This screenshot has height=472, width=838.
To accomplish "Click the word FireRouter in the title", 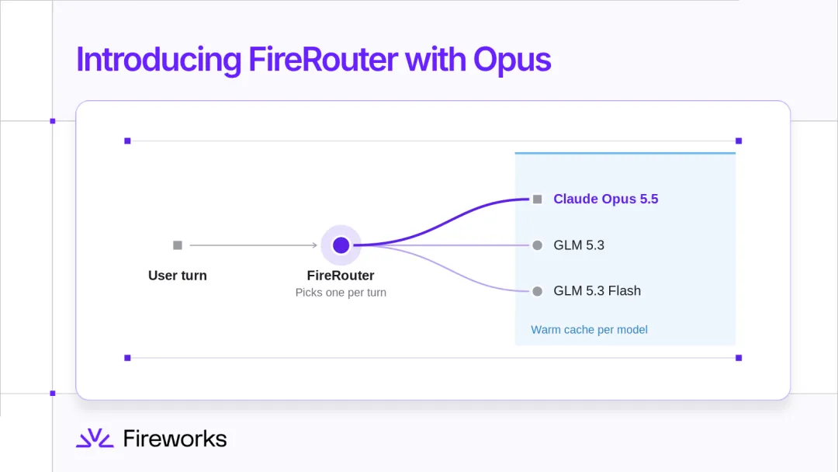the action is click(x=323, y=59).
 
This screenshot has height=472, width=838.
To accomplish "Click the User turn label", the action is click(x=178, y=276).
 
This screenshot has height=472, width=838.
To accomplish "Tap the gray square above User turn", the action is click(x=178, y=245).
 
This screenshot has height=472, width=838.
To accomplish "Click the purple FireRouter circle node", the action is click(x=341, y=245).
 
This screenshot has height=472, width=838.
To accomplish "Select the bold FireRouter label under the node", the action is click(x=341, y=276).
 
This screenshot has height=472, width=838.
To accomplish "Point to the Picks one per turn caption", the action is click(x=341, y=293).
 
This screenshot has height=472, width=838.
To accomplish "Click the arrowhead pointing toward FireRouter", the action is click(x=315, y=245).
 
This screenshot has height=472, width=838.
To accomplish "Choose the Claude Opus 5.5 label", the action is click(x=605, y=199).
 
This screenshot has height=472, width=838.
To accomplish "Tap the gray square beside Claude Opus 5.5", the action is click(x=537, y=200).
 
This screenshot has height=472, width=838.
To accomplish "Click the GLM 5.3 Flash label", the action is click(x=597, y=291).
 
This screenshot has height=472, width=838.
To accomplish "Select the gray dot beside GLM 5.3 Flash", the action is click(x=537, y=291).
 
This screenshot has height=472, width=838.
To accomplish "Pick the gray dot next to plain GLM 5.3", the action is click(x=537, y=245).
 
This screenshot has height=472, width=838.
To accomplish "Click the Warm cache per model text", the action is click(x=589, y=330).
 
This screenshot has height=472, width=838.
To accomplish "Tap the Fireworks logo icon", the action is click(x=95, y=438).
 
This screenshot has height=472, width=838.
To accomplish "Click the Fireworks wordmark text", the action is click(x=175, y=439).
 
